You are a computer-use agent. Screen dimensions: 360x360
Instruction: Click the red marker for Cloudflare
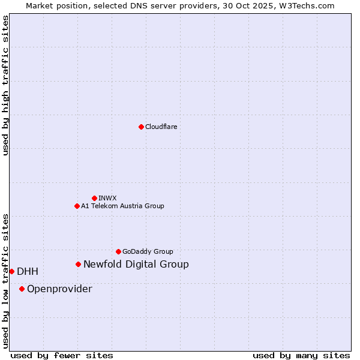point(141,127)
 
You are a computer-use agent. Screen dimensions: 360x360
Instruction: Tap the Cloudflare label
point(161,127)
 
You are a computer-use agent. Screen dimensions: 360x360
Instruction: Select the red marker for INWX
point(94,198)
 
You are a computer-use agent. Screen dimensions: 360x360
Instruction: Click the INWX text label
point(107,198)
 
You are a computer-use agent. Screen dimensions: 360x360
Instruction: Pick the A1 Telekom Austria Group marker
point(77,206)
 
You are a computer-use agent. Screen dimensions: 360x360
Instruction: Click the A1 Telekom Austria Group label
point(122,206)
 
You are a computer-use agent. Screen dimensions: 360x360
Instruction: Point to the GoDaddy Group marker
point(118,251)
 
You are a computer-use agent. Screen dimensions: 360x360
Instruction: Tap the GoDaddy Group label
point(148,251)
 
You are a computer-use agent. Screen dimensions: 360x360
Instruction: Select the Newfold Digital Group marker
point(78,264)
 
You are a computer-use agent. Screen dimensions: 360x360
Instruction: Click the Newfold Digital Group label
point(136,264)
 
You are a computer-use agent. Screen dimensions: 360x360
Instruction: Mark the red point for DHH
point(11,271)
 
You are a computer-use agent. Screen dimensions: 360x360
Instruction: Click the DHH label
point(28,271)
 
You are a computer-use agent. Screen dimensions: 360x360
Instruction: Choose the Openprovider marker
point(22,289)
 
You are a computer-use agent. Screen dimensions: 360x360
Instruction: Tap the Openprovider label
point(59,289)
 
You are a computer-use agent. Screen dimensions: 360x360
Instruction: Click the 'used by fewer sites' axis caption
point(62,355)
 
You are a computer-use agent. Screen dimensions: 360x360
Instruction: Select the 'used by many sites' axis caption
point(301,355)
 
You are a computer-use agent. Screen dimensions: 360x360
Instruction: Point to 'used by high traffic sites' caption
point(5,85)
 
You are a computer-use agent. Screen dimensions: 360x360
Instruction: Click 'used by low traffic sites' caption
point(5,281)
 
